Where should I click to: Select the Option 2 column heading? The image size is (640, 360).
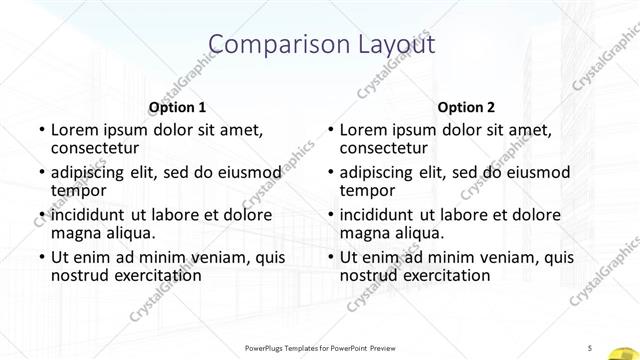coord(465,107)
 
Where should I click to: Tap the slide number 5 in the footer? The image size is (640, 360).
coord(591,347)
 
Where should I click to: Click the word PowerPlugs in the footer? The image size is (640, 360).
coord(265,347)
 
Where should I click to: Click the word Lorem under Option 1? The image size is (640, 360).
coord(75,130)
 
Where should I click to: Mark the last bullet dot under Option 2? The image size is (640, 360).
coord(329,258)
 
